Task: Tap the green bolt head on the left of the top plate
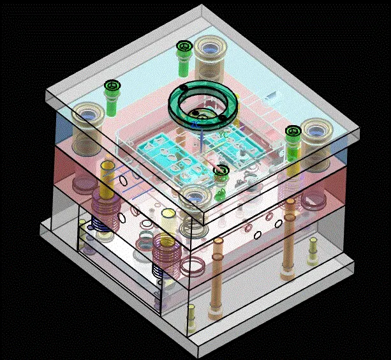click(x=112, y=86)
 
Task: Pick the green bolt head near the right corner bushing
click(x=293, y=131)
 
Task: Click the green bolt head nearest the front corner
click(x=221, y=170)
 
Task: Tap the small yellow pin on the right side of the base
click(x=313, y=250)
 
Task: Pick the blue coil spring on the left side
click(x=99, y=223)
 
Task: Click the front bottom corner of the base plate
click(x=199, y=355)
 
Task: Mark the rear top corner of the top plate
click(x=203, y=7)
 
